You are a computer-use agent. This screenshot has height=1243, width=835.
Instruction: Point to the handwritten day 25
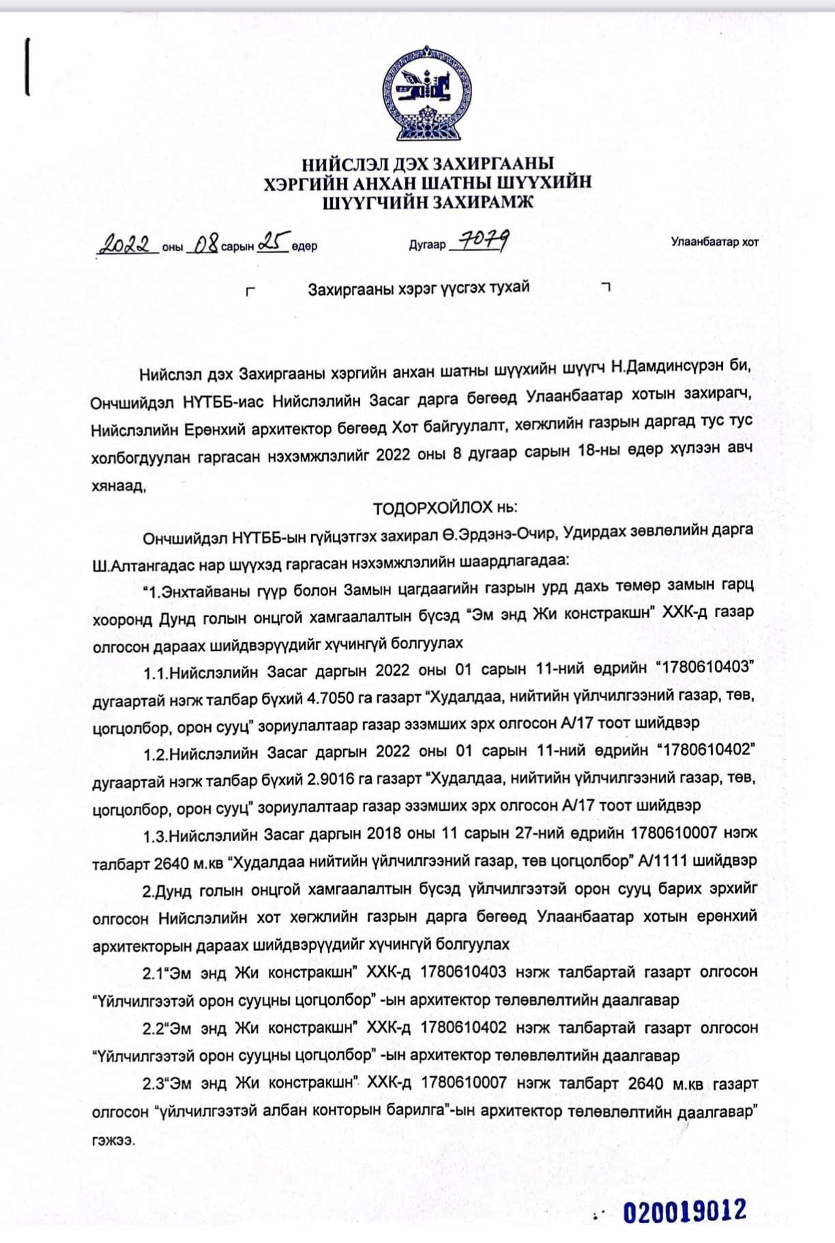coord(272,242)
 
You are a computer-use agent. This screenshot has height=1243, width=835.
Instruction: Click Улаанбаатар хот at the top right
coord(714,242)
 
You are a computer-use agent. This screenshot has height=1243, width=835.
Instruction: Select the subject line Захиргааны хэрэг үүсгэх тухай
coord(418,288)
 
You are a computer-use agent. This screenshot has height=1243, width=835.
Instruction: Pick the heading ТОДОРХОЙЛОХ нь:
coord(445,508)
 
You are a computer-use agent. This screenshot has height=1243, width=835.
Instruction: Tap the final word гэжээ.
coord(112,1140)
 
